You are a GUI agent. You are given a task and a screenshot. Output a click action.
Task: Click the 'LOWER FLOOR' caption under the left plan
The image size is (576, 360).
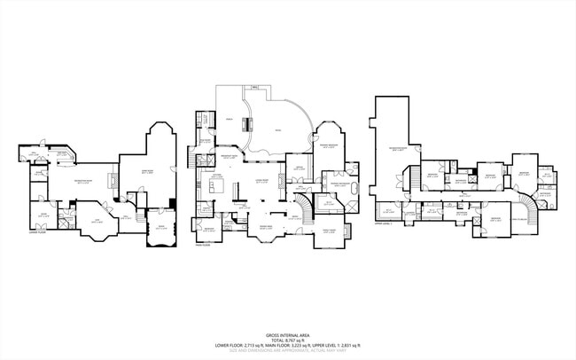(x=37, y=234)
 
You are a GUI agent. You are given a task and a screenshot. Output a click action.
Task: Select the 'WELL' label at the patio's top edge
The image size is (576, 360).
(x=255, y=88)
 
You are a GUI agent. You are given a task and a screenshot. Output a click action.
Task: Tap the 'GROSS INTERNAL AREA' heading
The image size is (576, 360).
(x=287, y=330)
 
